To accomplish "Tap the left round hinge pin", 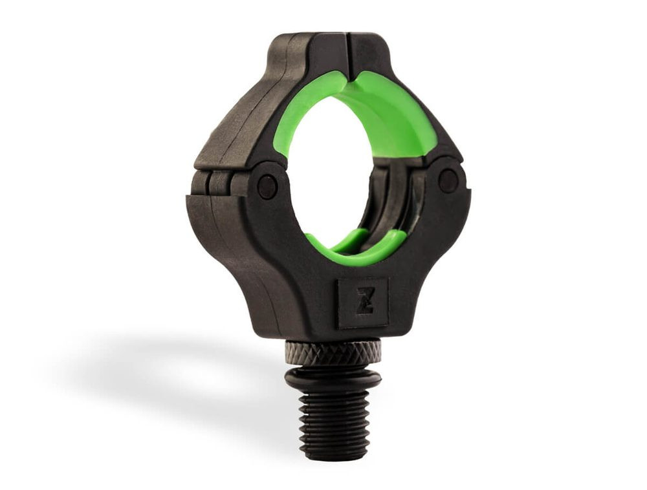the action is tap(267, 186).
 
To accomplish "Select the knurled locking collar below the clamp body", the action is tap(333, 353).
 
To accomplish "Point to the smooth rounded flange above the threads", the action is tap(333, 378).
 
